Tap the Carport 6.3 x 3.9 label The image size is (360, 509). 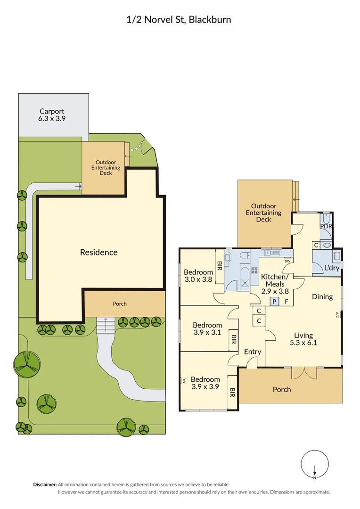[x=52, y=115]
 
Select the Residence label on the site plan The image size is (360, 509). [x=98, y=252]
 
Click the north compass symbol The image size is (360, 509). [x=314, y=464]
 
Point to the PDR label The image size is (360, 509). [x=326, y=226]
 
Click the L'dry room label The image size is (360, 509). [x=332, y=268]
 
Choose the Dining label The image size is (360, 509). [x=322, y=296]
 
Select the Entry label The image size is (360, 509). [x=253, y=352]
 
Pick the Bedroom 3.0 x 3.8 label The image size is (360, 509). [x=198, y=275]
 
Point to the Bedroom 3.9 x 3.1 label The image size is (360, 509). [x=207, y=329]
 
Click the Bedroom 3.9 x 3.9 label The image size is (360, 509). [x=205, y=383]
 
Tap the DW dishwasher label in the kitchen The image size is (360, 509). [x=287, y=261]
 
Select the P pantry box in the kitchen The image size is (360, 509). [x=274, y=302]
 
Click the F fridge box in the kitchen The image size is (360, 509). [x=286, y=302]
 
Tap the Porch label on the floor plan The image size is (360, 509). [x=282, y=389]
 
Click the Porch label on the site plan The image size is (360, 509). [x=120, y=304]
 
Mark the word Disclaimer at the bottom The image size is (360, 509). [x=45, y=484]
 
